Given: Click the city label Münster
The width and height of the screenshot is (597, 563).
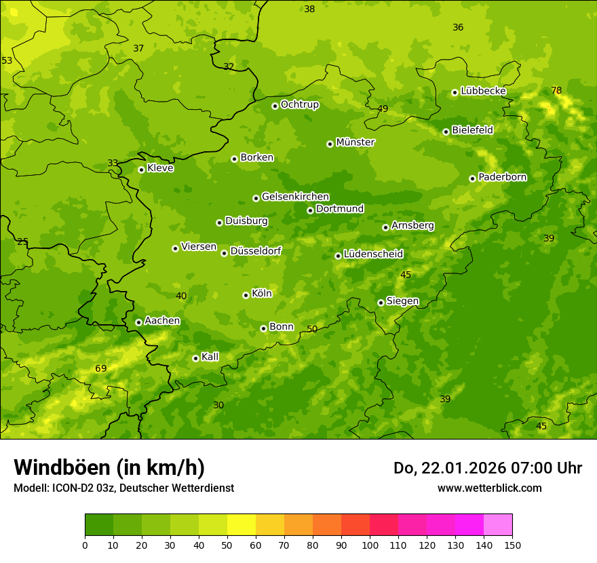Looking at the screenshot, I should (355, 142).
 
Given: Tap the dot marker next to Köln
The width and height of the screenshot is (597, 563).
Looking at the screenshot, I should (246, 295).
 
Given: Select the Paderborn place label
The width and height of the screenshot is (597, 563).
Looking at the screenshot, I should (502, 177).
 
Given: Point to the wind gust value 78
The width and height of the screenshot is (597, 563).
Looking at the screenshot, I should (556, 90).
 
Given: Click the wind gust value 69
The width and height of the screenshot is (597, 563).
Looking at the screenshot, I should (100, 368).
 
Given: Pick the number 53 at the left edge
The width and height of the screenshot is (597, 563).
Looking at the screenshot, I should (7, 60).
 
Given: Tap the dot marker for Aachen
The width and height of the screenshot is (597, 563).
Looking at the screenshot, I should (138, 322).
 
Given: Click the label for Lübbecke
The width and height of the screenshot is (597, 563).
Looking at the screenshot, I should (483, 91).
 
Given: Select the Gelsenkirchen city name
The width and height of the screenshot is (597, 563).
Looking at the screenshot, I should (295, 197).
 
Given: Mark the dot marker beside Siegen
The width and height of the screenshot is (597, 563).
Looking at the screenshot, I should (381, 303).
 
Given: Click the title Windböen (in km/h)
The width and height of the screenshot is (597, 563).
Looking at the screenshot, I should (109, 467).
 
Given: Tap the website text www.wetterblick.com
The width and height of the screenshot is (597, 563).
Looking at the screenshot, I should (489, 488).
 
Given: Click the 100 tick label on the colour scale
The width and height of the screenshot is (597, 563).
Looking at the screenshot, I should (370, 545).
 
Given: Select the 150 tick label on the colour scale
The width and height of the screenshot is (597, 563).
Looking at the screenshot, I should (512, 545).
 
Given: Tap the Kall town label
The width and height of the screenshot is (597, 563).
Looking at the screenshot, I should (210, 357).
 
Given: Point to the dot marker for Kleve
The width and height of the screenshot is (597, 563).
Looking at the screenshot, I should (141, 170).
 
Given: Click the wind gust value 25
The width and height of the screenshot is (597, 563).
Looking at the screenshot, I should (22, 241).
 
